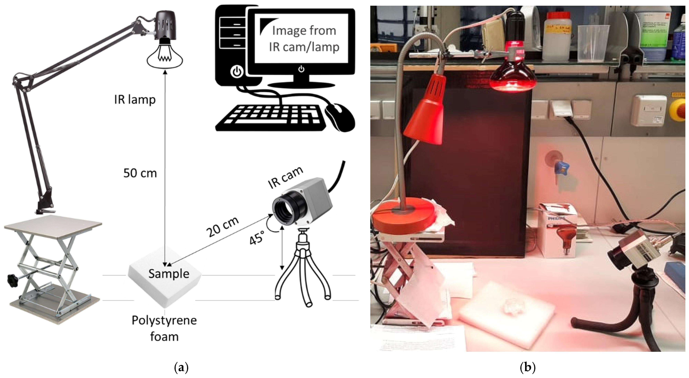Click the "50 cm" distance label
coord(140,173)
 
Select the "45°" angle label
coord(257,238)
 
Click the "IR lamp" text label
coord(135,100)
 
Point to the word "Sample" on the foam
coord(169,274)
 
